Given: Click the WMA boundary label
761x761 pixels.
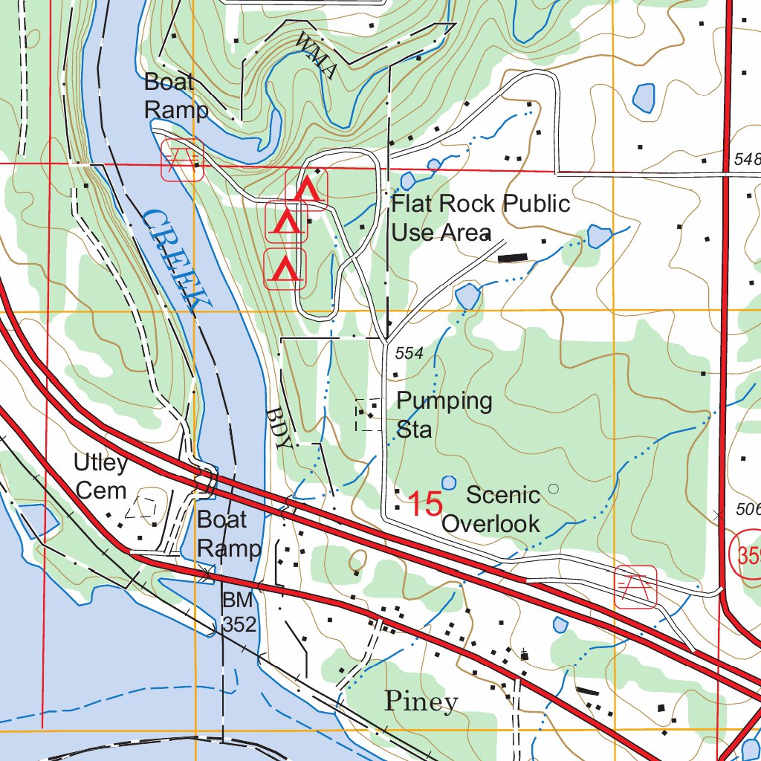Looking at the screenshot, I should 316,56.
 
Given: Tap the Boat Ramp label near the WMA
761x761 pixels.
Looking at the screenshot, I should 175,96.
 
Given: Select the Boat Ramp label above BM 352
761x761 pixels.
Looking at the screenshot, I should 229,534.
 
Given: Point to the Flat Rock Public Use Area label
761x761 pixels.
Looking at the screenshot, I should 480,217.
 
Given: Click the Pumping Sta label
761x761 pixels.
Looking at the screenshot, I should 444,415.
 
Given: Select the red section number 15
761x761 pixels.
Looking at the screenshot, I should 426,504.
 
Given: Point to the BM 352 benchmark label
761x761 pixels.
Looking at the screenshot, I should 239,612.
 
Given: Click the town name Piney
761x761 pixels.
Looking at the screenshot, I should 421,701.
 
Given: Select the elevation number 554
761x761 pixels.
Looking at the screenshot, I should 409,354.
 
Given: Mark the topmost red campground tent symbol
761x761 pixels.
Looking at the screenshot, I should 307,189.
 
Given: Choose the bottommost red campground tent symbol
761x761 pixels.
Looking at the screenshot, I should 285,269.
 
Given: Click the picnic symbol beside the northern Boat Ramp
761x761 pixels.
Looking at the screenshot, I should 182,159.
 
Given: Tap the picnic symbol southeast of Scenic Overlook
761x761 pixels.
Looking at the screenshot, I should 635,586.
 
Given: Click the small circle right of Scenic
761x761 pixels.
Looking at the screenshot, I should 552,488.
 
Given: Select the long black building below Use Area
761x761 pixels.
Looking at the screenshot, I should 512,258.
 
